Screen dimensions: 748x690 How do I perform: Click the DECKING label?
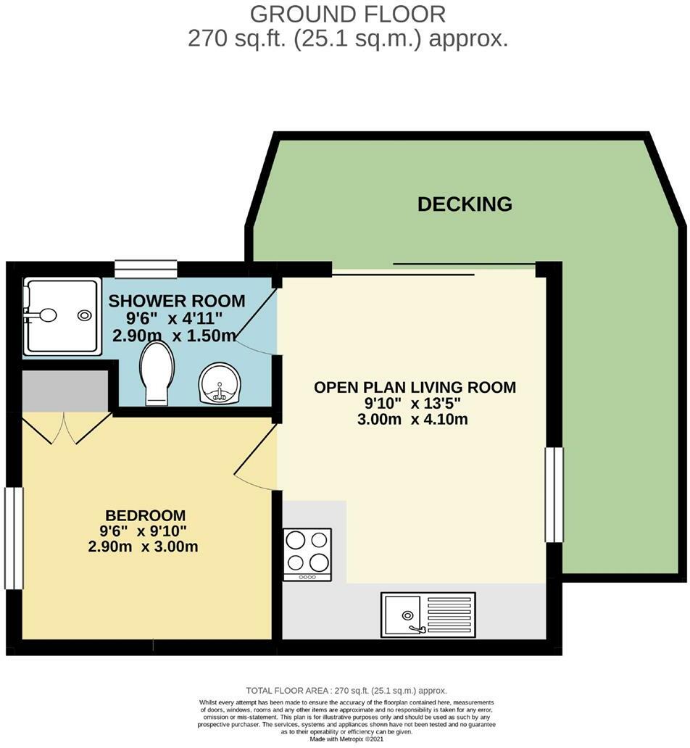465,204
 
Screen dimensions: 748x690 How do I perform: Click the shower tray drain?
85,315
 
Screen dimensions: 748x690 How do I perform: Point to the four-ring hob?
307,553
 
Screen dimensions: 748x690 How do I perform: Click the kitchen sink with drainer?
429,615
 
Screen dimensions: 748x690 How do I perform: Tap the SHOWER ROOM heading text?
176,301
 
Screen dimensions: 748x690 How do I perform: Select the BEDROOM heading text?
146,515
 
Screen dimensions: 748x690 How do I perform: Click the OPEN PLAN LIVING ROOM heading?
415,388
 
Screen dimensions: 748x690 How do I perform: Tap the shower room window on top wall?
146,269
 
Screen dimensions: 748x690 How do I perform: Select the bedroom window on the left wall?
14,536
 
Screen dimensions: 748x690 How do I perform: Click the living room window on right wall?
554,494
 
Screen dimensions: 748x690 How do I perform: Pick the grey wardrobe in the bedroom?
65,391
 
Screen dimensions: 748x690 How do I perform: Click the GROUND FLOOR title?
348,13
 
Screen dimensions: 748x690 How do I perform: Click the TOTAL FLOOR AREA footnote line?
346,691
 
